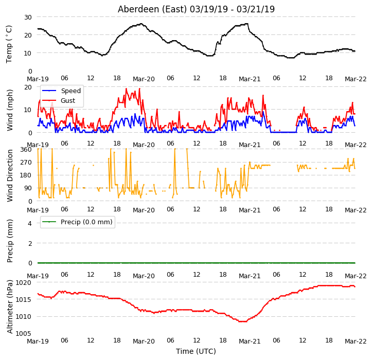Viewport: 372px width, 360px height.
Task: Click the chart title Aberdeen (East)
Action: [x=152, y=9]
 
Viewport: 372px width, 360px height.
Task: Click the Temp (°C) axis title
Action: [x=9, y=44]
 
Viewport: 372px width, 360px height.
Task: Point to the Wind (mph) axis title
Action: [x=9, y=110]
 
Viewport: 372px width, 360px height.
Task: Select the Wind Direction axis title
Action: [x=9, y=176]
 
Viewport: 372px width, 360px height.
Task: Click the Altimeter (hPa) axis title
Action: [x=9, y=307]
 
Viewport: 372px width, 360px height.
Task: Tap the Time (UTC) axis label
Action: [x=196, y=351]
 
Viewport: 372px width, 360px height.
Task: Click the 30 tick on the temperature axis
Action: [x=28, y=17]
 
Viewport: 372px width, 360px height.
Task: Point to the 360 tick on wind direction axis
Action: [x=26, y=150]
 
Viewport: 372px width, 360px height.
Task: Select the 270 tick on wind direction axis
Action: [x=26, y=163]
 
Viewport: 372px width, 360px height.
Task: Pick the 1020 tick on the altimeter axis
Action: [x=23, y=282]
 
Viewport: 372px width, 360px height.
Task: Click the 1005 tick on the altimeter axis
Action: [x=23, y=333]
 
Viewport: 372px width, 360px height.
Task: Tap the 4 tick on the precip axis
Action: [x=30, y=223]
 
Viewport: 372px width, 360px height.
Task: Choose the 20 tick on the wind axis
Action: [x=28, y=87]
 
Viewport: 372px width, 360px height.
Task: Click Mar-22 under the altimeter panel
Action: [x=356, y=341]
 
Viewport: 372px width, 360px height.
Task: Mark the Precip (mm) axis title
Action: [x=9, y=241]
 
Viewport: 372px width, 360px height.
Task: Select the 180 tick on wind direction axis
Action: [x=26, y=175]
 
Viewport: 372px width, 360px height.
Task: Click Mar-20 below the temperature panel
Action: [x=144, y=79]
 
